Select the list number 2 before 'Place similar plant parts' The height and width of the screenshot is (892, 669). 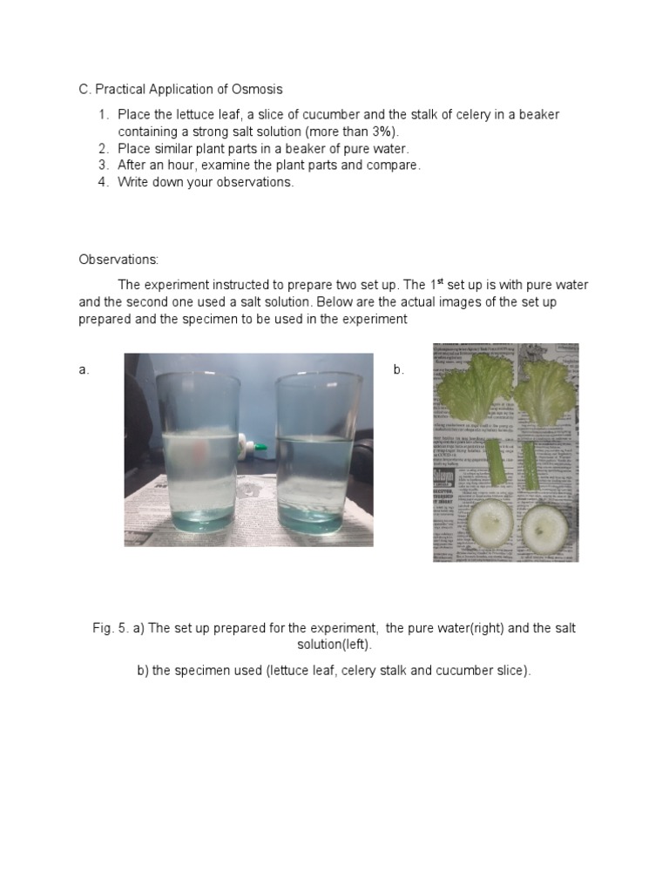[x=103, y=148]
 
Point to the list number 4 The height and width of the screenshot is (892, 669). [x=103, y=182]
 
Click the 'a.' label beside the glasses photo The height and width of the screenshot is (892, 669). [x=84, y=370]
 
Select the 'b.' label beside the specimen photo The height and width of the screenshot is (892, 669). [x=399, y=370]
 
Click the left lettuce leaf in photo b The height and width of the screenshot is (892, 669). [x=476, y=388]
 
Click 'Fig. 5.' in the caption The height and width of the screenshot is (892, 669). [x=111, y=628]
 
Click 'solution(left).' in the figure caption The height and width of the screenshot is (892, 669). [x=334, y=645]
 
